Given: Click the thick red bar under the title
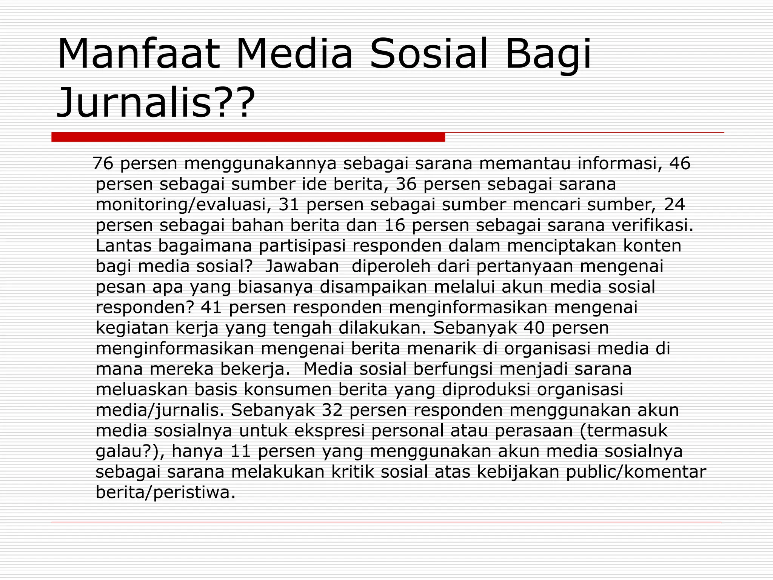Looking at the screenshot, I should [x=248, y=137].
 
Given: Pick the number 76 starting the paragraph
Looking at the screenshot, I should [x=103, y=164].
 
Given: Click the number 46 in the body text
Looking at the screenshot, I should [x=680, y=164].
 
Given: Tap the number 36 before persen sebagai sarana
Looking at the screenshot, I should [x=406, y=184].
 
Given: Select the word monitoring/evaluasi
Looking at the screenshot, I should [x=183, y=205].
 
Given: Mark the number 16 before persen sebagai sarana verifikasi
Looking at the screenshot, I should [x=394, y=225].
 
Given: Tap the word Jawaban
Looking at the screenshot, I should [x=302, y=266].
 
